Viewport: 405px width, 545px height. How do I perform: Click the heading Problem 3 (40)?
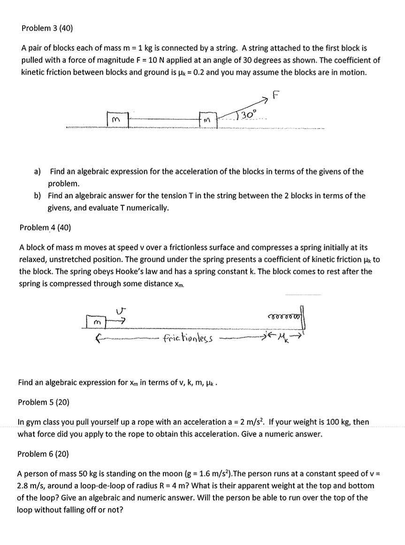click(x=47, y=28)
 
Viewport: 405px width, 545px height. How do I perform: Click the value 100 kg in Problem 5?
click(x=337, y=422)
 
